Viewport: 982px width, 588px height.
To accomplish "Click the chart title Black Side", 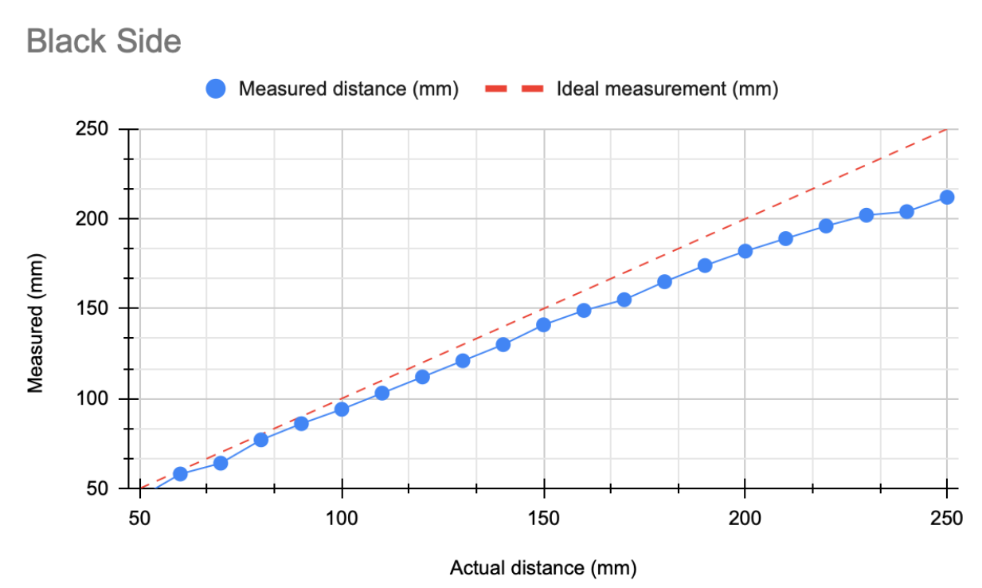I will pos(104,41).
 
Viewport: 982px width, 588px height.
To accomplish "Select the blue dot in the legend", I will pos(216,89).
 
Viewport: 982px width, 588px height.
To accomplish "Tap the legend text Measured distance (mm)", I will pos(349,89).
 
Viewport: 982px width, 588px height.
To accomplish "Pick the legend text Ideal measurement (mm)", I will pos(667,89).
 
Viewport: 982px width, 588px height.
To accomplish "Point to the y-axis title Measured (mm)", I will pos(35,323).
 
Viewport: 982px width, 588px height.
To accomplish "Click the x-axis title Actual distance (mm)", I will pos(543,568).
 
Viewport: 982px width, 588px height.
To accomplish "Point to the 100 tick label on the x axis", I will pos(342,519).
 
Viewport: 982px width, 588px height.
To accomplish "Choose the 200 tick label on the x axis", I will pos(745,519).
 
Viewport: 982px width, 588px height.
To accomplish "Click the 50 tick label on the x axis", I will pos(140,519).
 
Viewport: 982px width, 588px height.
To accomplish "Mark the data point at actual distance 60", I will pos(180,474).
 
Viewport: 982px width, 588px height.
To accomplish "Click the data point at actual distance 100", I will pos(342,410).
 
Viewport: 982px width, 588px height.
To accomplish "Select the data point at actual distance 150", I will pos(544,325).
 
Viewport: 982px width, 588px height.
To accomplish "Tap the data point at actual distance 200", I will pos(745,251).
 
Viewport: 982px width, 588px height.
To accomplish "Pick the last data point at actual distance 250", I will pos(947,197).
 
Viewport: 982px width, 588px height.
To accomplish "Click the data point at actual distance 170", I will pos(624,300).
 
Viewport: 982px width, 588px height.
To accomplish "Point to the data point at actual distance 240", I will pos(906,211).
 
